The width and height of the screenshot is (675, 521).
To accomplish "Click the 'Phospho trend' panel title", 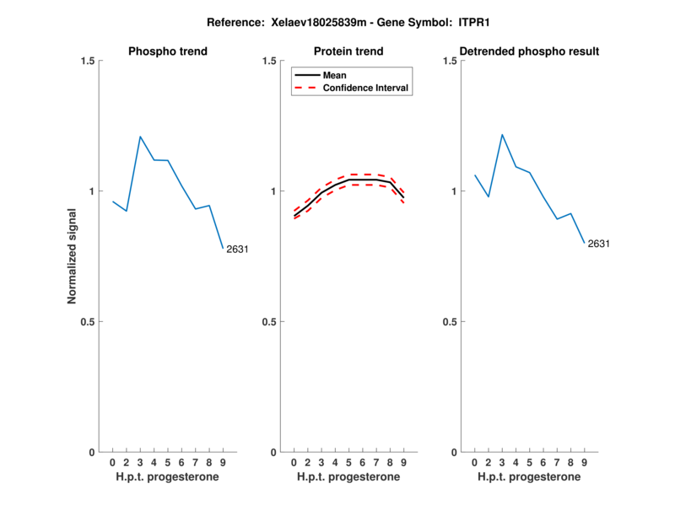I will coord(168,51).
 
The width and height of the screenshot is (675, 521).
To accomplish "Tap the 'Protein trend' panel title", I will coord(348,51).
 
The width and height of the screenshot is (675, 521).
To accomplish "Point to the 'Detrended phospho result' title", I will coord(529,51).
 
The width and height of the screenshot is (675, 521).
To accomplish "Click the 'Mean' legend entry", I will coord(335,75).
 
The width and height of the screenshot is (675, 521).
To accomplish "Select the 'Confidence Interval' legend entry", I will coord(366,88).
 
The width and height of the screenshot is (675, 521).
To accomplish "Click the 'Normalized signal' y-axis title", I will coord(73,256).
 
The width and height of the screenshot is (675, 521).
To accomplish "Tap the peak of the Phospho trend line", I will coord(140,137).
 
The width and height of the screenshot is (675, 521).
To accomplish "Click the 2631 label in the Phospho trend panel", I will coord(237,249).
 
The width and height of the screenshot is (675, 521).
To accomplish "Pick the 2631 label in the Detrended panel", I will coord(598,244).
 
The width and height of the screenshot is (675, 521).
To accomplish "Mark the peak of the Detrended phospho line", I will coord(502,134).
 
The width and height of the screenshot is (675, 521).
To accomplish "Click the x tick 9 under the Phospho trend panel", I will coord(223,463).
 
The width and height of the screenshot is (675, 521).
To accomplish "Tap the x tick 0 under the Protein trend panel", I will coord(294,463).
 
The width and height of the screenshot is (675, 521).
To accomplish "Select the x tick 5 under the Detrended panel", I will coord(529,463).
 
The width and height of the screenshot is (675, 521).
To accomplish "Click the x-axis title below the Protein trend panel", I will coord(348,477).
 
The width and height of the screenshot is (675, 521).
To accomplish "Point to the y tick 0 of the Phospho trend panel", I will coord(90,452).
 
